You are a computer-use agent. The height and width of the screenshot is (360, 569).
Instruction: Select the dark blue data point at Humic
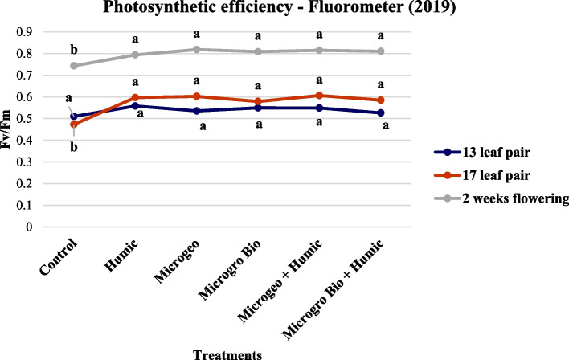click(135, 106)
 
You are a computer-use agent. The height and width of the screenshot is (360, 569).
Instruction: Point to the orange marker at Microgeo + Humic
click(319, 96)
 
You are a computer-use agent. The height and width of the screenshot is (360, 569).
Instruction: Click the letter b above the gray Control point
click(74, 50)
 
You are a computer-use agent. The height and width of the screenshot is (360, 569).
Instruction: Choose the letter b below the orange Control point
click(74, 147)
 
